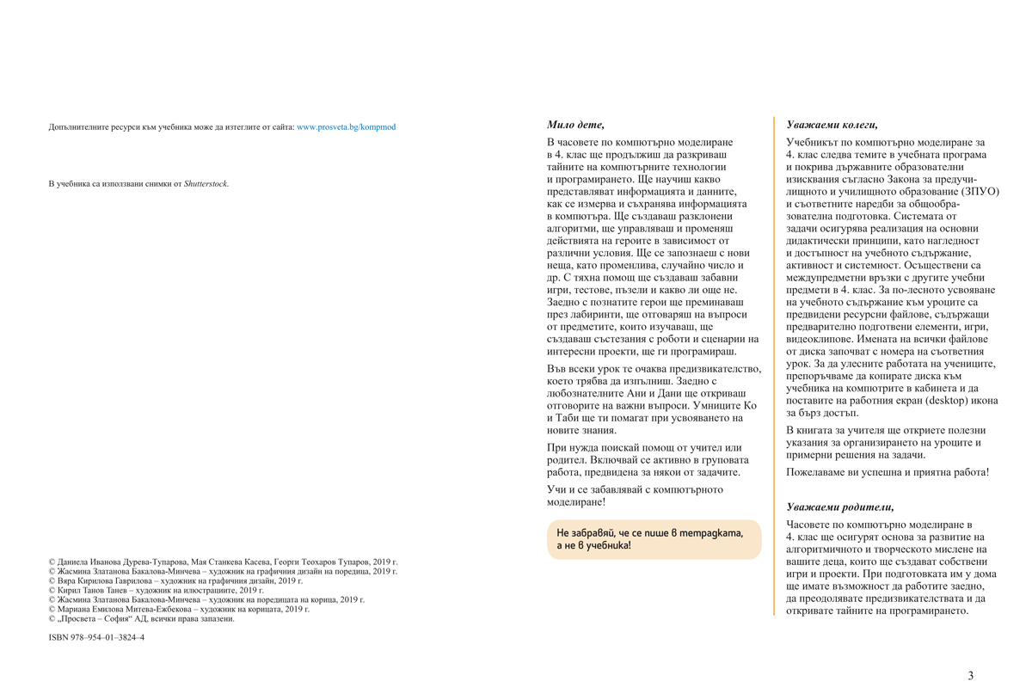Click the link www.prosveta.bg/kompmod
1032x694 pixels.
[346, 127]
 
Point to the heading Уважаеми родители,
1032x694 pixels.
[827, 507]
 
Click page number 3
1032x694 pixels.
[971, 676]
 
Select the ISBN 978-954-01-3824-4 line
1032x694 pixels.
[96, 638]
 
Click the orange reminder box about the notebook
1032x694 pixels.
[654, 539]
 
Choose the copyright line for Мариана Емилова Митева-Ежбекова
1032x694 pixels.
[179, 610]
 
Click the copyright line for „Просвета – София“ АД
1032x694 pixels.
[141, 619]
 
